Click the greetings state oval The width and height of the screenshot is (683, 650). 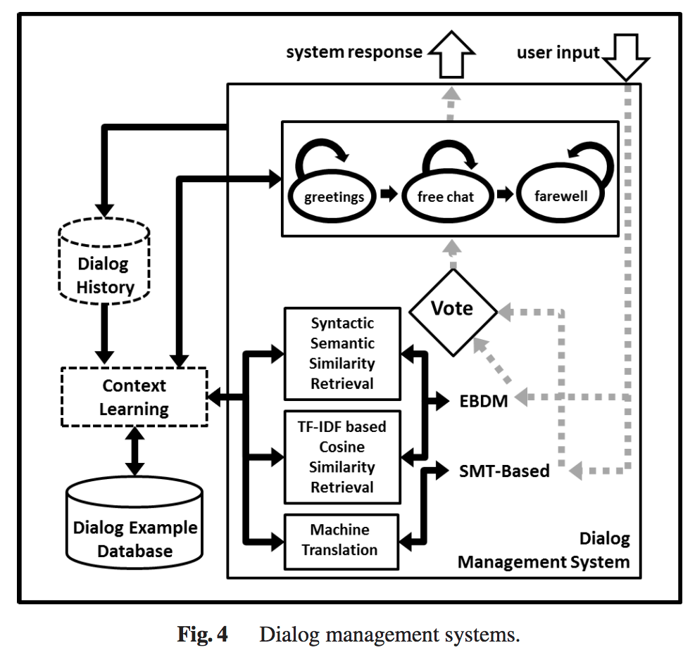334,196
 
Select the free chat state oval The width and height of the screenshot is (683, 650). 445,196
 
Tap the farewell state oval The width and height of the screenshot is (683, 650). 560,196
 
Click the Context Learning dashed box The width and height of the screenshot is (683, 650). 134,397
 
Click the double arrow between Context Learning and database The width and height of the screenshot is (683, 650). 134,450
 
